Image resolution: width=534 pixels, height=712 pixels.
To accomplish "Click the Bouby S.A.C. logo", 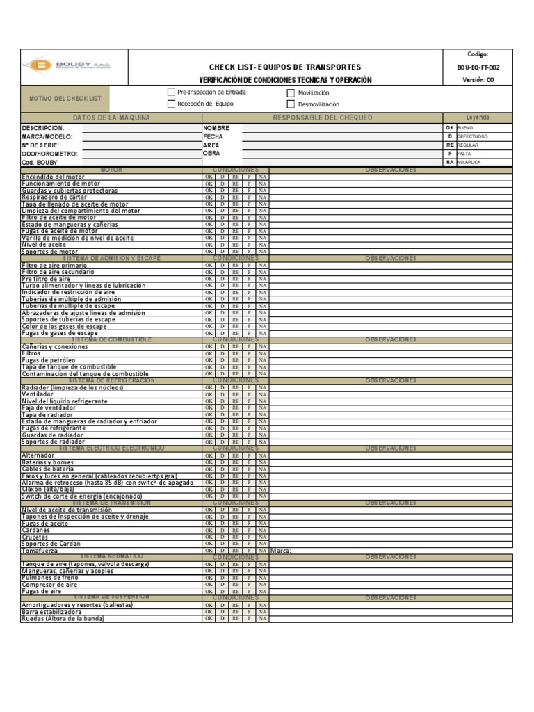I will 67,65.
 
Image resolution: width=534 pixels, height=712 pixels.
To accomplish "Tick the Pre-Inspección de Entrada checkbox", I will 171,92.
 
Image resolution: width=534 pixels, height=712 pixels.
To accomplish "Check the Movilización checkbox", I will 291,92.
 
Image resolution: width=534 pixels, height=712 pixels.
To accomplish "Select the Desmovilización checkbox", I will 291,104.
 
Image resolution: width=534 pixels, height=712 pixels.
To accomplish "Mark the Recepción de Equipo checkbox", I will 171,104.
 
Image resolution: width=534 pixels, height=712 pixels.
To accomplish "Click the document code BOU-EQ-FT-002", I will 478,67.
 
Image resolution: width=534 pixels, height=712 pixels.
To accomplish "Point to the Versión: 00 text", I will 478,80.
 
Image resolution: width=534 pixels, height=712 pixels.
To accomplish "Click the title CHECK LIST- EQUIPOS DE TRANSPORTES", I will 285,67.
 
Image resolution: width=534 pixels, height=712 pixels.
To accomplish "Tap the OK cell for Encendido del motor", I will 209,177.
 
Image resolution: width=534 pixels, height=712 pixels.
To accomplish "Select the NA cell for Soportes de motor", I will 262,252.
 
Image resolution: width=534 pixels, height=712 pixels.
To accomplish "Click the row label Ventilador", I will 38,394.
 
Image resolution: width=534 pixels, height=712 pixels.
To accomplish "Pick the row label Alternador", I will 38,455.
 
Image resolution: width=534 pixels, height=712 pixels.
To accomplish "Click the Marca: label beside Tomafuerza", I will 280,551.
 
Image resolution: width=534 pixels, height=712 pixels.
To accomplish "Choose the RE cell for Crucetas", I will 236,537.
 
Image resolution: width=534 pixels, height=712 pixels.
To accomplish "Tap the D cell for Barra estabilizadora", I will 222,612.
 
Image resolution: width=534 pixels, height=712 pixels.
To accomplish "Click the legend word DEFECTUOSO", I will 472,137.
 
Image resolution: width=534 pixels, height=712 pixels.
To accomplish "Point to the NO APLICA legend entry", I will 469,162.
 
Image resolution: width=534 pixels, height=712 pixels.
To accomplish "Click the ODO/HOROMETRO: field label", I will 50,154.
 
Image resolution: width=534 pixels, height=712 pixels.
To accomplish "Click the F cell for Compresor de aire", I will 249,585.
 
